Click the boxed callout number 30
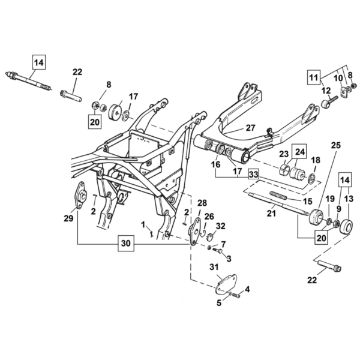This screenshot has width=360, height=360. [126, 244]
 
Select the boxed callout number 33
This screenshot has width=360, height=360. [254, 175]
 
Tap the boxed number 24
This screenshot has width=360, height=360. [299, 152]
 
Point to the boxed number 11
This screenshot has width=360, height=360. [314, 77]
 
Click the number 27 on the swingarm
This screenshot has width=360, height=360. [250, 128]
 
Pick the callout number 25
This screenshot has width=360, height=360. [336, 145]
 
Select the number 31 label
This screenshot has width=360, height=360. [214, 267]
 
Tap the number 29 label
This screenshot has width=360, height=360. [68, 218]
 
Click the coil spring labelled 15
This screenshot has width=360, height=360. [278, 196]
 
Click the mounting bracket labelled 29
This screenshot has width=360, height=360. [81, 196]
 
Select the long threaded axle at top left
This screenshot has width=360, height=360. [29, 81]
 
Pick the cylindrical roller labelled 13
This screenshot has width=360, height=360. [346, 227]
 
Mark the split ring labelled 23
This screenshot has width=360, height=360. [284, 169]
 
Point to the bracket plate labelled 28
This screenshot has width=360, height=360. [194, 231]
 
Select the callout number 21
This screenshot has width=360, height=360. [271, 213]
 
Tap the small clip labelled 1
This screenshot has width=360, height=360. [151, 234]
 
